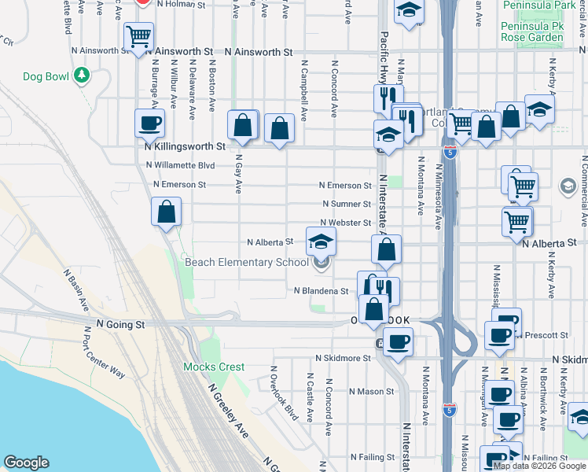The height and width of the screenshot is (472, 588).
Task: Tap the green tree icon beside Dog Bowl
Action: (x=81, y=76)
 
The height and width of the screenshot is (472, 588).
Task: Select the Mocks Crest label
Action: (x=214, y=367)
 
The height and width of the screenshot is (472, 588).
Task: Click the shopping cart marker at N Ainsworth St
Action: (x=139, y=36)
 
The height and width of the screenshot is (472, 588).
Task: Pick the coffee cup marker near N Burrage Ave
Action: (x=150, y=123)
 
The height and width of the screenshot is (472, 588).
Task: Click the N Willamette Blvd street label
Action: (x=181, y=165)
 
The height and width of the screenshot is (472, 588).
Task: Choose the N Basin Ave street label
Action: (x=77, y=288)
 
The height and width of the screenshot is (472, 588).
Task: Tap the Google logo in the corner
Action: (x=26, y=463)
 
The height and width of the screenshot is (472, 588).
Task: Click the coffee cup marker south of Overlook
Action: (x=398, y=341)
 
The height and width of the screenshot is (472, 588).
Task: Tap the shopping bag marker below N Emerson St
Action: (x=167, y=212)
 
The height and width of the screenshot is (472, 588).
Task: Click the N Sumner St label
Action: (x=345, y=205)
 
